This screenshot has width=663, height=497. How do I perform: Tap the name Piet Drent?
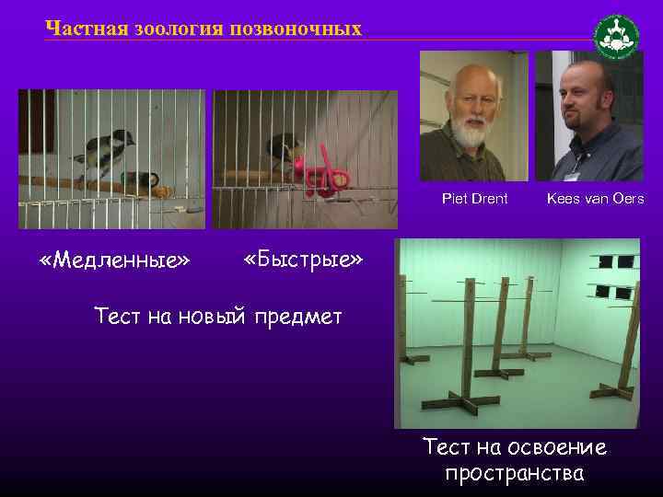tap(474, 199)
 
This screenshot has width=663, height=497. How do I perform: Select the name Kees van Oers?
tap(595, 199)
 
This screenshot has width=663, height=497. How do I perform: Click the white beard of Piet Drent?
tap(471, 135)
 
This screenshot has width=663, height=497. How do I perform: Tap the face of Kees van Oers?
tap(588, 98)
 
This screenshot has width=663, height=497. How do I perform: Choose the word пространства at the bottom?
tap(514, 474)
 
